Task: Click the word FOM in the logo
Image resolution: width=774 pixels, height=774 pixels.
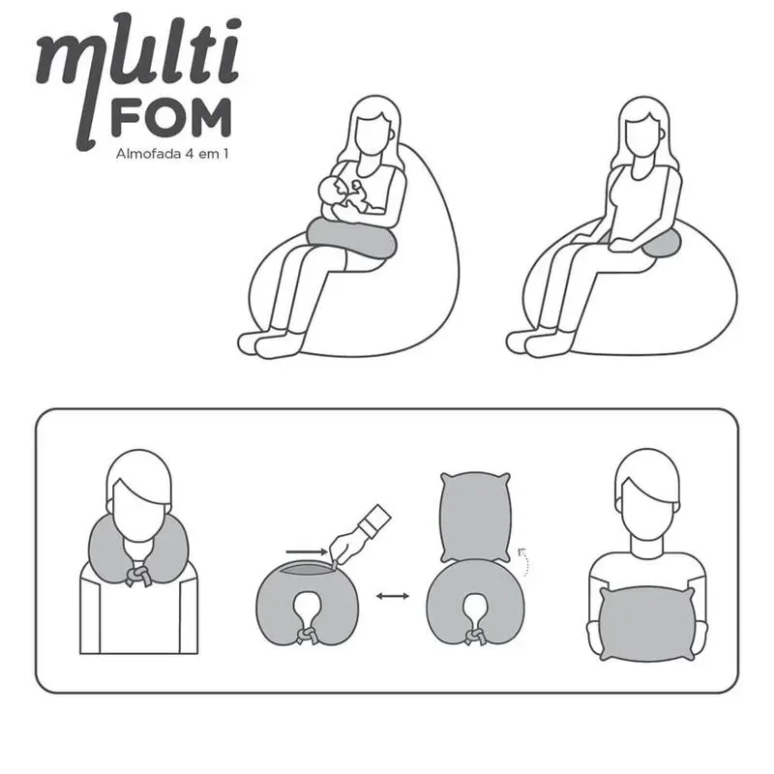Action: [x=171, y=117]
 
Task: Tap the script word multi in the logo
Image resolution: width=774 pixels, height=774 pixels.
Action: [x=138, y=69]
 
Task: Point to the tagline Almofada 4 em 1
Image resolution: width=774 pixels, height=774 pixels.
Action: [x=172, y=154]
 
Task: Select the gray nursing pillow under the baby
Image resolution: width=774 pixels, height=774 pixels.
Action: [x=351, y=238]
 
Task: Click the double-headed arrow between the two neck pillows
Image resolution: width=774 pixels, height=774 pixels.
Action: [x=393, y=596]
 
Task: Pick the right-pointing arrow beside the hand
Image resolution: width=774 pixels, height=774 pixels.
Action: [x=307, y=551]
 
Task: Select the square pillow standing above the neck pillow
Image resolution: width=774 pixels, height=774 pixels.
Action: [x=475, y=517]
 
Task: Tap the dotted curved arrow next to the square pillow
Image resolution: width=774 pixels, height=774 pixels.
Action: [x=523, y=561]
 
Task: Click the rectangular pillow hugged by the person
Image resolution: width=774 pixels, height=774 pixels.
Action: [x=647, y=623]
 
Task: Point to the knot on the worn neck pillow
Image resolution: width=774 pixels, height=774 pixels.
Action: [x=138, y=576]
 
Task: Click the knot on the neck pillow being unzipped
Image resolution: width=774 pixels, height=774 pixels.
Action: [x=307, y=636]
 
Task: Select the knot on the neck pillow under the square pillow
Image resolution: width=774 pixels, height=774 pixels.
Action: [x=475, y=637]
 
